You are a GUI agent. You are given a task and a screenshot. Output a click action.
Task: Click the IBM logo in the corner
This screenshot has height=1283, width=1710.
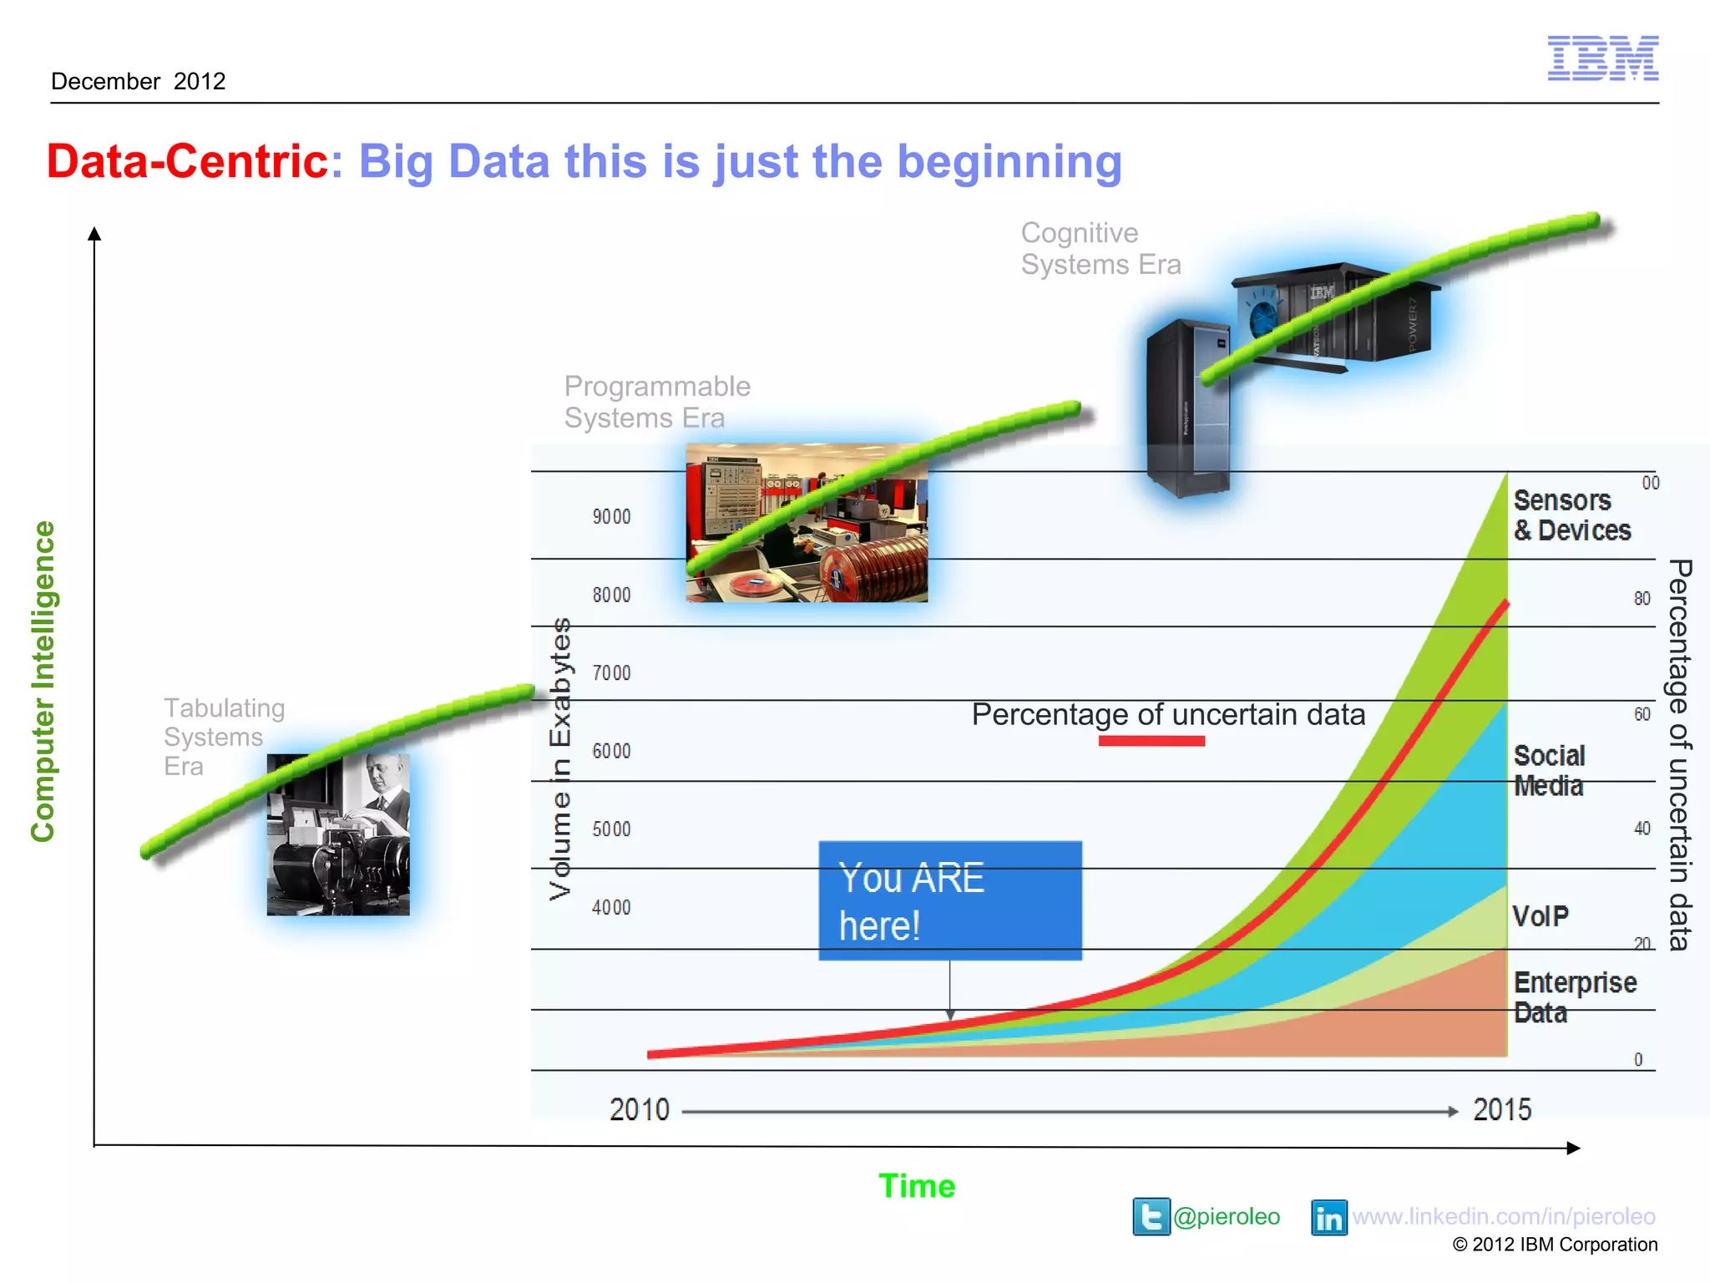coord(1602,58)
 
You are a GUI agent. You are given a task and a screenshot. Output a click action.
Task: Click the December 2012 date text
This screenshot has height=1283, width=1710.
coord(139,81)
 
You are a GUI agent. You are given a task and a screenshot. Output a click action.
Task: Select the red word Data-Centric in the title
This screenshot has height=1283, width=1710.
coord(188,161)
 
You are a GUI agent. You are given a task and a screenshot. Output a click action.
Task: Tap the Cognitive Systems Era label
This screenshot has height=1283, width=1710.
coord(1100,249)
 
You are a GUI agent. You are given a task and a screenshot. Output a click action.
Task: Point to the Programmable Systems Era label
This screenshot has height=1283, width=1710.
coord(657,402)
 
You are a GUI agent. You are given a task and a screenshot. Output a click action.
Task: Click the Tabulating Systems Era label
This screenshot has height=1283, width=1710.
coord(223,736)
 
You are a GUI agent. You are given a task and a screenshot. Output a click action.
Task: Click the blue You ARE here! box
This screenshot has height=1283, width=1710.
coord(949,900)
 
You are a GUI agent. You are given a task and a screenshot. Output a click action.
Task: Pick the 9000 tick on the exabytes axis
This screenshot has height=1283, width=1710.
coord(611,517)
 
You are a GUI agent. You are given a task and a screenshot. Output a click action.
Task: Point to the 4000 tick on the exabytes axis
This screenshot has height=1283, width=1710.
coord(611,907)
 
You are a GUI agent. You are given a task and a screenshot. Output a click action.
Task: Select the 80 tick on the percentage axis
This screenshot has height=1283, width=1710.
coord(1642,599)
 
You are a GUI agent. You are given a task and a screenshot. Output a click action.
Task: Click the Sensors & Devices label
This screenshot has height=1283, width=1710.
coord(1571,515)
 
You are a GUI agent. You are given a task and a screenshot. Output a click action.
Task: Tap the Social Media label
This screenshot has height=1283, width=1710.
coord(1549,771)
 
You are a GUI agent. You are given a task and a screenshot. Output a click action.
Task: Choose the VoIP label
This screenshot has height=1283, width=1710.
coord(1541,916)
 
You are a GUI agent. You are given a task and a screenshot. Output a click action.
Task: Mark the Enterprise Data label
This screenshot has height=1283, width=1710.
coord(1574,997)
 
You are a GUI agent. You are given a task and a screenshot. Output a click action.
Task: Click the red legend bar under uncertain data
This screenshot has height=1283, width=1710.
coord(1151,741)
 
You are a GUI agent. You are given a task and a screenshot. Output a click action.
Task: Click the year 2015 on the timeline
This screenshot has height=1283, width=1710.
coord(1501,1110)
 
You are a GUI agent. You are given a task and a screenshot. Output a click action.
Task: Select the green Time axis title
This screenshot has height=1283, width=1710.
coord(916,1186)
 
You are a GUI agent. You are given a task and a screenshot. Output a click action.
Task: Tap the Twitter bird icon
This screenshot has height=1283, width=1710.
coord(1151,1217)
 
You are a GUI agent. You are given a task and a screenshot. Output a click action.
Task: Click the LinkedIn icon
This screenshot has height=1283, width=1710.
coord(1328,1218)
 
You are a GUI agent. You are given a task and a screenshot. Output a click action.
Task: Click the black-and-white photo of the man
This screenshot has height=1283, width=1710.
coord(338,835)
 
